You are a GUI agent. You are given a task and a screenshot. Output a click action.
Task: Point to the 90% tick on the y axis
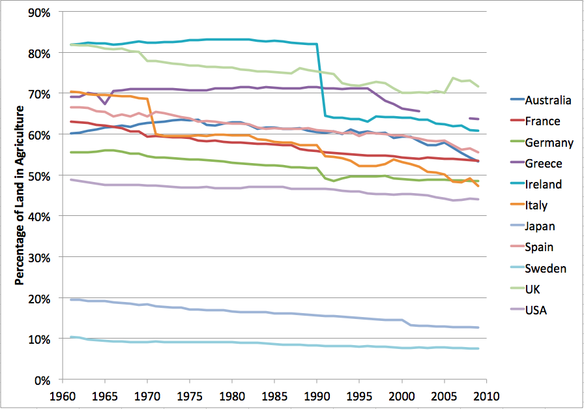(x=38, y=13)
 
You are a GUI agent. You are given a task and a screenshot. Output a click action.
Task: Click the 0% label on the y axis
(x=42, y=381)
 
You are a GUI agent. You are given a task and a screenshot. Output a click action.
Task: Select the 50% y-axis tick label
(x=38, y=176)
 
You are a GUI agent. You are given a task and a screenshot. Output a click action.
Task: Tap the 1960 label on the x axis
(x=63, y=396)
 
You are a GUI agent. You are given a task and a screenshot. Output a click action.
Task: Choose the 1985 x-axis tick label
(x=274, y=396)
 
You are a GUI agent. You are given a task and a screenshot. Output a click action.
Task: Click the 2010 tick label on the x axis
(x=486, y=396)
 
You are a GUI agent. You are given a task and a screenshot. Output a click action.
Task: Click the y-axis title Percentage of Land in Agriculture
(x=20, y=195)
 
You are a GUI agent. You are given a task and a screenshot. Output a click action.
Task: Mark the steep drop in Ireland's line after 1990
(x=321, y=80)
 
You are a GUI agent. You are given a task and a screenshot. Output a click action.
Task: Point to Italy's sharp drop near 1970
(x=152, y=116)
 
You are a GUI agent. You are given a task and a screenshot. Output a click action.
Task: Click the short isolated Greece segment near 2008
(x=473, y=119)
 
